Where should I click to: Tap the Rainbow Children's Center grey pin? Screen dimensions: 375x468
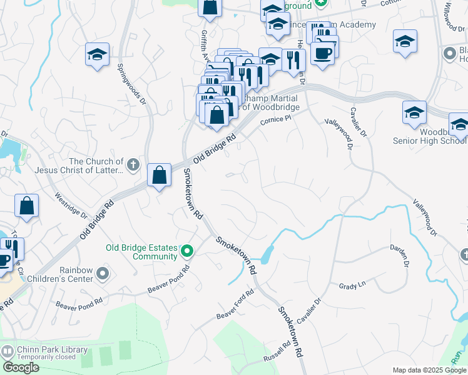pyautogui.click(x=104, y=274)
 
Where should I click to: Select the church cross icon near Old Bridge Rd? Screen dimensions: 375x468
pyautogui.click(x=132, y=165)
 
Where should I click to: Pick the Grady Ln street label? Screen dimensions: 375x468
pyautogui.click(x=352, y=286)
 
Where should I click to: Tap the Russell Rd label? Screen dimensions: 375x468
pyautogui.click(x=277, y=354)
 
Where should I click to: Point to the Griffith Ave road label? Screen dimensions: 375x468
pyautogui.click(x=205, y=44)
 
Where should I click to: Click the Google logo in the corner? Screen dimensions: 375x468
pyautogui.click(x=21, y=367)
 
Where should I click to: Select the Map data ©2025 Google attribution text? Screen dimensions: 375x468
pyautogui.click(x=429, y=370)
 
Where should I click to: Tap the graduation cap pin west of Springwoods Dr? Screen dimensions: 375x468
pyautogui.click(x=97, y=54)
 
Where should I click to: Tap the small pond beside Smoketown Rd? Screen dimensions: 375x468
pyautogui.click(x=267, y=253)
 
